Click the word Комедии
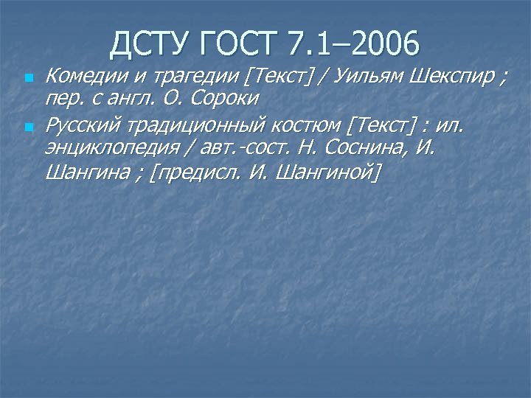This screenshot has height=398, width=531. pyautogui.click(x=77, y=75)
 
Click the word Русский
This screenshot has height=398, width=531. pyautogui.click(x=77, y=126)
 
